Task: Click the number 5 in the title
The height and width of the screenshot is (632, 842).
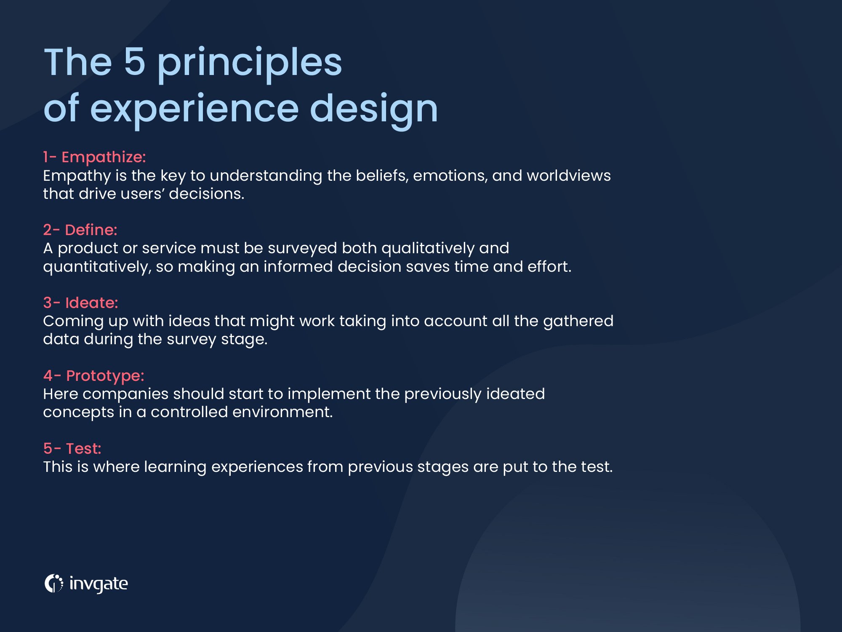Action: [134, 62]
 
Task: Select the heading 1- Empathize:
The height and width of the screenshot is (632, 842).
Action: [94, 157]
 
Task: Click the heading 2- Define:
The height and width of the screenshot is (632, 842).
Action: [80, 230]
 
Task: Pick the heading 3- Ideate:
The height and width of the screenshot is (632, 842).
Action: [80, 303]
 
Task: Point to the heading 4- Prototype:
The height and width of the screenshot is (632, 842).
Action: [93, 376]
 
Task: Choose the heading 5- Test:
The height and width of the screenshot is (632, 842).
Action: [72, 449]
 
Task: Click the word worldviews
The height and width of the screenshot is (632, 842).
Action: [568, 176]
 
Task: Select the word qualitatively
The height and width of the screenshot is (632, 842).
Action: [428, 249]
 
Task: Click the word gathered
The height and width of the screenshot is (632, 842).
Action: [578, 321]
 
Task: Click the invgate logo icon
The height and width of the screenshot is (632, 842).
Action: [53, 584]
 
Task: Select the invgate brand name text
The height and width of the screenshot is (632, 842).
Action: [99, 584]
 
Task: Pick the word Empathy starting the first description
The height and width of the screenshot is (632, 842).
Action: [77, 176]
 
